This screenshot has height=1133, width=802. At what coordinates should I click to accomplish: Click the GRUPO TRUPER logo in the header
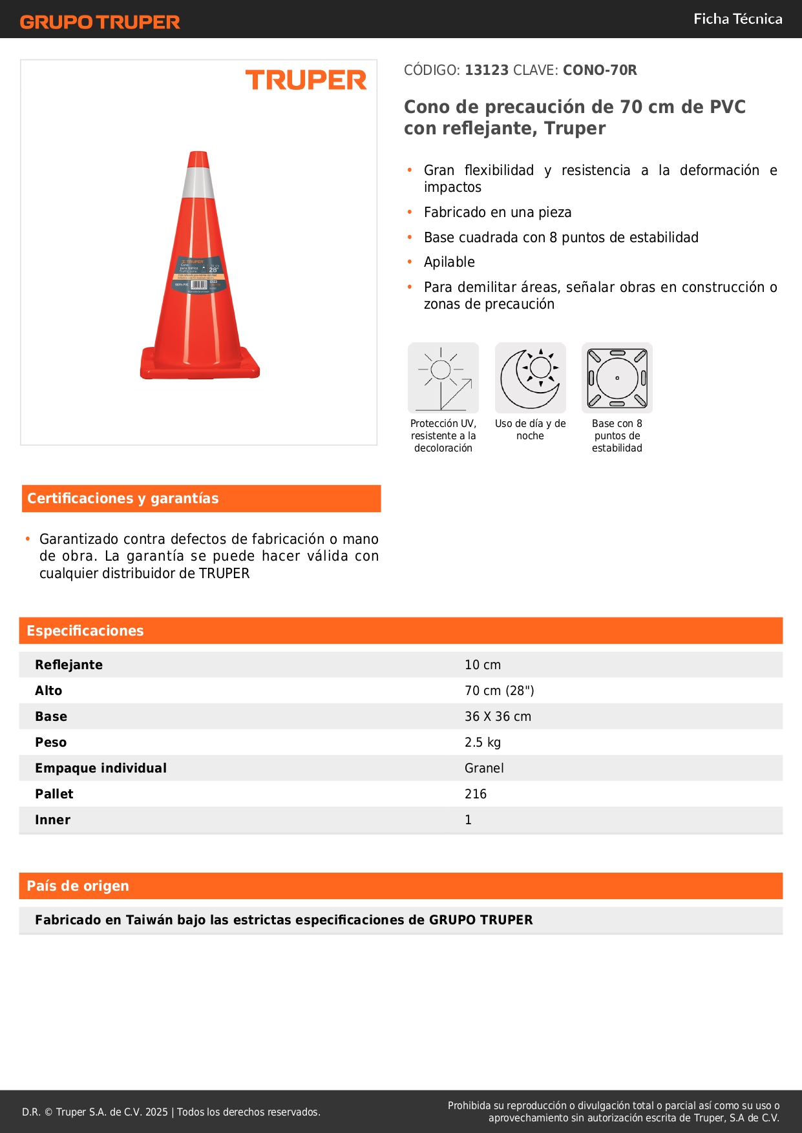point(100,22)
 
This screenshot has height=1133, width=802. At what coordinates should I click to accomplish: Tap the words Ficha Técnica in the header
point(737,19)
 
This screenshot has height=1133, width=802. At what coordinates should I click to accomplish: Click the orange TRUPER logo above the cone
point(306,80)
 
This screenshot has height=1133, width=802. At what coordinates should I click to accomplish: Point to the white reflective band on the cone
point(198,183)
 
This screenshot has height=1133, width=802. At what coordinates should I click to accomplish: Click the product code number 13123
point(487,70)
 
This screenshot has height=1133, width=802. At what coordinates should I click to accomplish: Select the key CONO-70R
point(600,70)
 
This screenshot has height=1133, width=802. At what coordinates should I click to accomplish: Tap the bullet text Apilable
point(449,262)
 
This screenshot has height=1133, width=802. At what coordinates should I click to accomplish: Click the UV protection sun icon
point(443,378)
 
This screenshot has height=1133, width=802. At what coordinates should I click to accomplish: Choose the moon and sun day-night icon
point(530,378)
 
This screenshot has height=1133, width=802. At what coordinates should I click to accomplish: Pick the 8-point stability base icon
point(617,378)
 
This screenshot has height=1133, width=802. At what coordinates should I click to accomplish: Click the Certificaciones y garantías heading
point(123,499)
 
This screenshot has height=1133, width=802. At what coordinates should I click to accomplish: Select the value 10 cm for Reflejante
point(483,665)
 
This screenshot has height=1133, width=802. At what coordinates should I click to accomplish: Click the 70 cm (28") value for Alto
point(499,691)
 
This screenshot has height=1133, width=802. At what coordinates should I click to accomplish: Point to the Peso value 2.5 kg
point(483,742)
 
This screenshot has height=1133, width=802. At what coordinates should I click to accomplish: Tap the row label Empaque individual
point(101,768)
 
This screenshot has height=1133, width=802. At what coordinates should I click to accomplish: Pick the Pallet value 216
point(476,794)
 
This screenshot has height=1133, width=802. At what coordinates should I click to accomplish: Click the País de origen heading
point(78,886)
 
